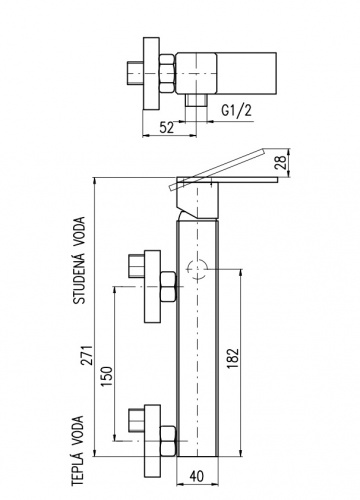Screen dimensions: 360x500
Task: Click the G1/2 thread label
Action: [x=237, y=110]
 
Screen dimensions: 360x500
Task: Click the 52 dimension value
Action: [x=167, y=128]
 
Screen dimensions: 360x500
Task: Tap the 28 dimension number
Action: [x=282, y=162]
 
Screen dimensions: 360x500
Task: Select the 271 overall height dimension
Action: [x=88, y=355]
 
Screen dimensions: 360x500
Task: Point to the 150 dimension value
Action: [x=107, y=376]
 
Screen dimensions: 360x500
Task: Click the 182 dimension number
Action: [x=233, y=358]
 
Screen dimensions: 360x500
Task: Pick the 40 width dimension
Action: [x=197, y=476]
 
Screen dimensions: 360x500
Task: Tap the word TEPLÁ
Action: [x=77, y=476]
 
